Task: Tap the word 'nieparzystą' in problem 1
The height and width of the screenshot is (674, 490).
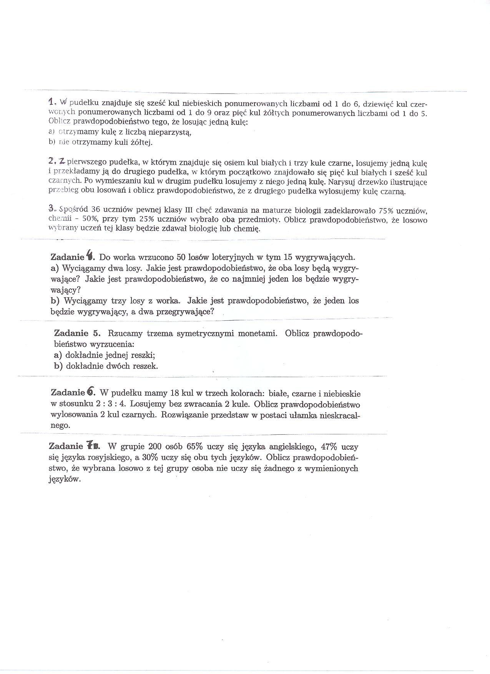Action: pos(169,132)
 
